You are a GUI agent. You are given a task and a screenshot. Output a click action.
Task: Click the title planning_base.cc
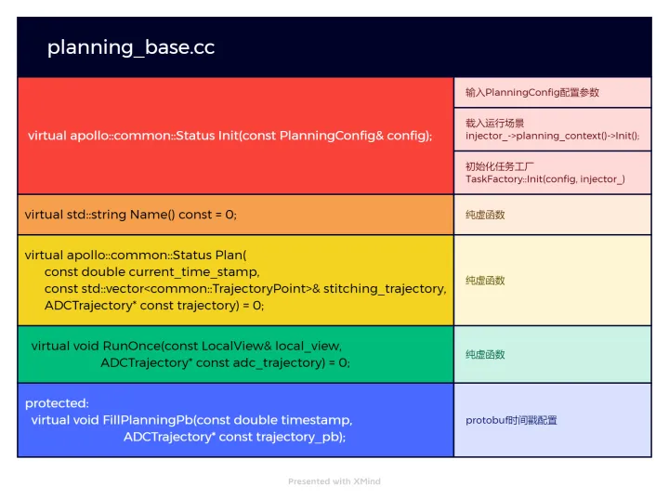(131, 47)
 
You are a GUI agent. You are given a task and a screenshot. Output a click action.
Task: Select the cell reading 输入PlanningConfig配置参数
(531, 92)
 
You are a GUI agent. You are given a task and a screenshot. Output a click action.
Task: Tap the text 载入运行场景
(494, 123)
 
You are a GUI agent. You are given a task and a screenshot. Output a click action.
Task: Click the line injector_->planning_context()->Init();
(552, 136)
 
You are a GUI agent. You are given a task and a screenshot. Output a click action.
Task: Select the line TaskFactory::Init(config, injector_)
(544, 178)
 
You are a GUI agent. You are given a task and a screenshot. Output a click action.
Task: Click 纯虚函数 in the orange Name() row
(485, 215)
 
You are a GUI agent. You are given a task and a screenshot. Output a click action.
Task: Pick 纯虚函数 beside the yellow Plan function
(485, 281)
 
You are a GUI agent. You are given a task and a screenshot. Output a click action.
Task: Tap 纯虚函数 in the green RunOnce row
(485, 355)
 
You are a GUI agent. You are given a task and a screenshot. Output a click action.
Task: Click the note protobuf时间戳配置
(511, 421)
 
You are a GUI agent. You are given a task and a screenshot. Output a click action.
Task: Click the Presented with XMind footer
(334, 481)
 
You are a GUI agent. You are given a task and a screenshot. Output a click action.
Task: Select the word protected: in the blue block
(57, 403)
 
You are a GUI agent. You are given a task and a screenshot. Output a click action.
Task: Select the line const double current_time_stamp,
(152, 271)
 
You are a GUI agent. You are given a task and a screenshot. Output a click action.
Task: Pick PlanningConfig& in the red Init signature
(332, 136)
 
